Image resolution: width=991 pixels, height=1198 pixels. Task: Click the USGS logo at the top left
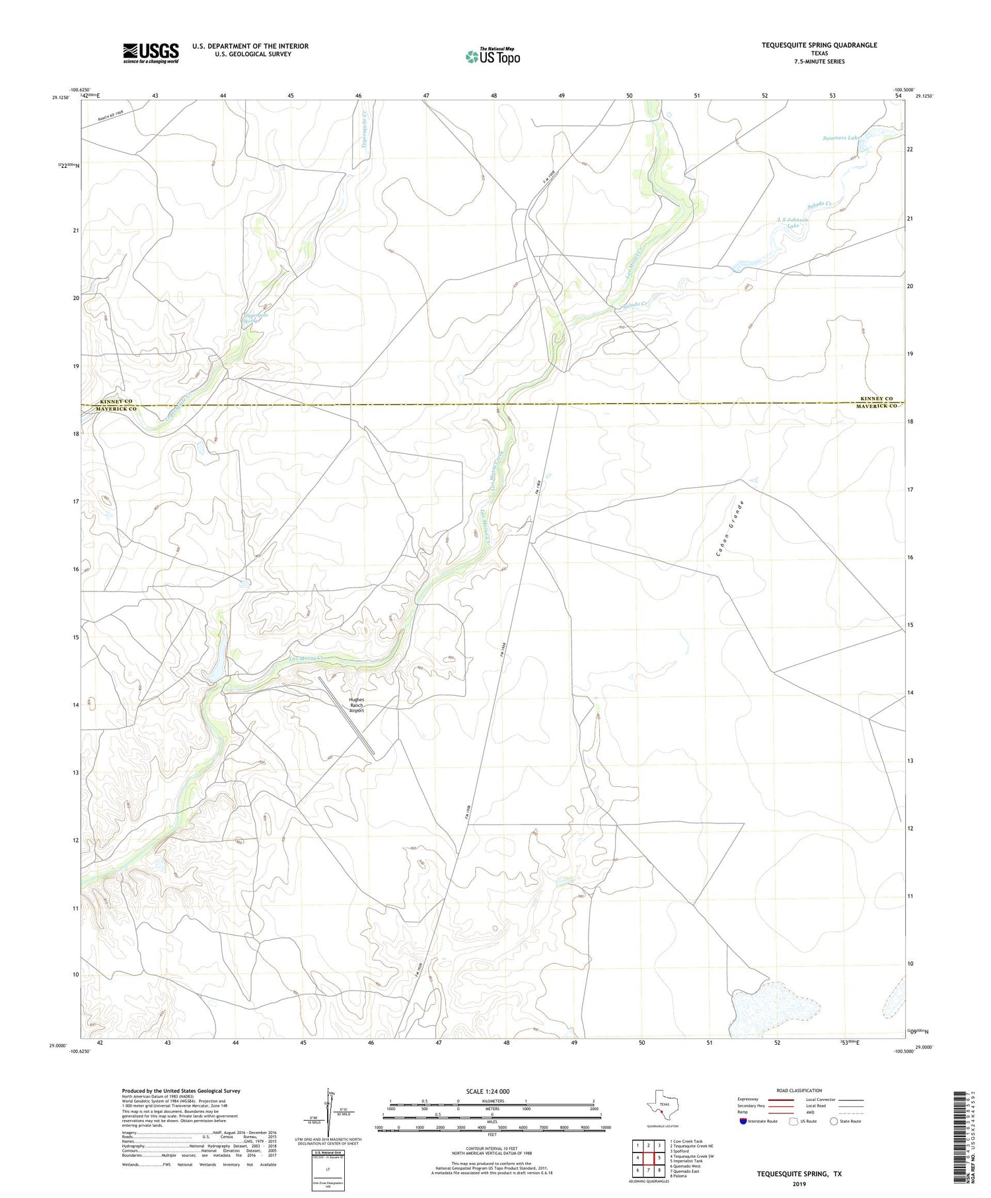(x=151, y=53)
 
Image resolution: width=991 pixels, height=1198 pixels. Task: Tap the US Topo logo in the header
(x=492, y=56)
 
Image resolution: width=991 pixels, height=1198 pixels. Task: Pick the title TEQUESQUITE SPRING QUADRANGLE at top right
(x=819, y=45)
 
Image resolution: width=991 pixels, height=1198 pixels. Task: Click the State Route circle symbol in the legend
(x=834, y=1121)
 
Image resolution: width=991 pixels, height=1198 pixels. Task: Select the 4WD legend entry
(x=811, y=1112)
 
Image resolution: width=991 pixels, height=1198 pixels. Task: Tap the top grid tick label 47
(x=426, y=96)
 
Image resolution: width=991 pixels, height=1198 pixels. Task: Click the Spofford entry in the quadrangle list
(x=680, y=1151)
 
